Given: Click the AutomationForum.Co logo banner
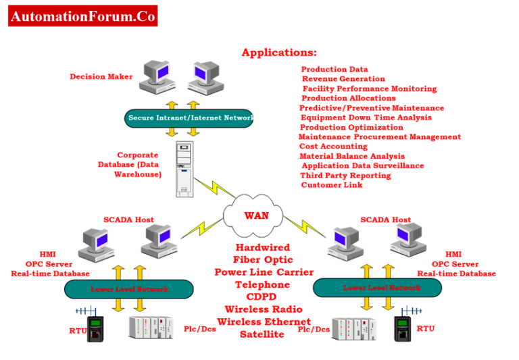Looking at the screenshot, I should pos(82,16).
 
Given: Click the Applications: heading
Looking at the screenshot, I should pos(279,53).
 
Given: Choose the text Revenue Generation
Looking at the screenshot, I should pos(343,79).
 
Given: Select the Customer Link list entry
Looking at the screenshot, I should pos(332,185).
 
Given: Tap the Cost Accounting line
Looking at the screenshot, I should pos(333,147).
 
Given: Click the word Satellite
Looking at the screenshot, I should pos(262,334).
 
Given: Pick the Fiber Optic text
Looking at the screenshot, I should pos(263,260).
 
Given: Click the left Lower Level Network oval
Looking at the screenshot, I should pos(128,290).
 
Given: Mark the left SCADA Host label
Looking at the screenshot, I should pos(128,220).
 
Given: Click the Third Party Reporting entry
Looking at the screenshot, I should pos(345,176).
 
